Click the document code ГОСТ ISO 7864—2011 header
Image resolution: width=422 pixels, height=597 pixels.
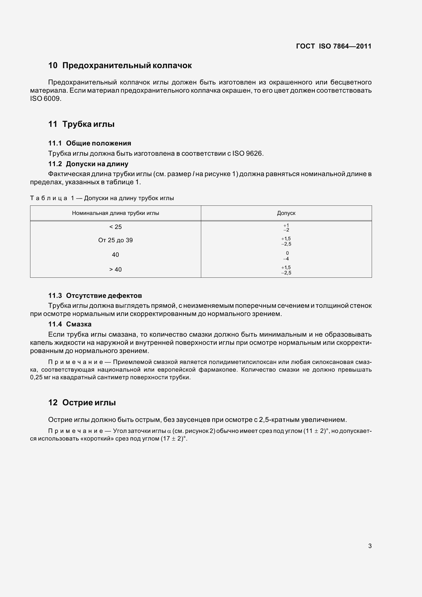pos(334,46)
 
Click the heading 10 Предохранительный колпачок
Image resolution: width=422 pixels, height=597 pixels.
pos(120,65)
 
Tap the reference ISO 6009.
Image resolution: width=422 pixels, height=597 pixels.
pos(45,99)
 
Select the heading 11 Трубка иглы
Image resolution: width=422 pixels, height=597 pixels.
pos(81,124)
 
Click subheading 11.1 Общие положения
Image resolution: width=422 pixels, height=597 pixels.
pos(90,143)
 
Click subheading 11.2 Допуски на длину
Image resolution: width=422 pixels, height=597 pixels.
pos(88,164)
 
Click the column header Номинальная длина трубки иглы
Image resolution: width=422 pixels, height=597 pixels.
pos(115,213)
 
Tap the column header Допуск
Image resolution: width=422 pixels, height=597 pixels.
pos(286,213)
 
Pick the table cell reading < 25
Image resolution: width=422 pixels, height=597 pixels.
pos(115,227)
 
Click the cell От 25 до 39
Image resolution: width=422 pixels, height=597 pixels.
pos(115,240)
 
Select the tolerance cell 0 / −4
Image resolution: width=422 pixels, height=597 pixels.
pos(286,256)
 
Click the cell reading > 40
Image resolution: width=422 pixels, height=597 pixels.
pos(115,270)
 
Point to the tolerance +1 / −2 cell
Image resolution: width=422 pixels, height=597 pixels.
pos(286,227)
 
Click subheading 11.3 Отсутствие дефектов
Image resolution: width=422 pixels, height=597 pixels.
pos(95,296)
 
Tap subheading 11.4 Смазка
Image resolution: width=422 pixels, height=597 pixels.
pos(70,324)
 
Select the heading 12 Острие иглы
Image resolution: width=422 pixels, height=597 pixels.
pos(82,403)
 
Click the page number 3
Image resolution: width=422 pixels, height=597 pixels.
pos(370,546)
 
